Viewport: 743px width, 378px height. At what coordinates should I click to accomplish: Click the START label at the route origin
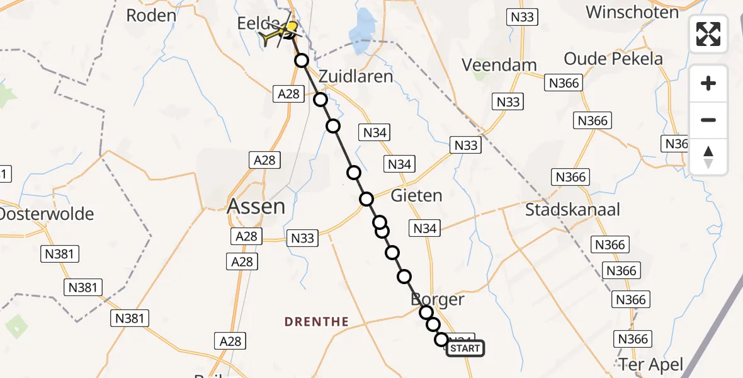coord(465,348)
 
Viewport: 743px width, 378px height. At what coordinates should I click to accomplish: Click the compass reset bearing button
coord(708,157)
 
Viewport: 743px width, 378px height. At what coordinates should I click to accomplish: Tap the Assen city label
coord(256,206)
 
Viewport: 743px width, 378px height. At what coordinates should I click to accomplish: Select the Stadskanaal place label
coord(573,209)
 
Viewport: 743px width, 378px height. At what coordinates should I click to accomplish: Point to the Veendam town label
coord(499,64)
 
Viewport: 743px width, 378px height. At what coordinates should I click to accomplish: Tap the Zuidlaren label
coord(356,77)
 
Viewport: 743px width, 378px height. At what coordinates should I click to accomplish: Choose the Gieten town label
coord(416,195)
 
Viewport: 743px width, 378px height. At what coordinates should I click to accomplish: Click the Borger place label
coord(438,299)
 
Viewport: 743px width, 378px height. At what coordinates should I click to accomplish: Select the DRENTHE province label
coord(316,322)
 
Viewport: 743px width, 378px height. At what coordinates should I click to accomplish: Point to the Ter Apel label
coord(650,364)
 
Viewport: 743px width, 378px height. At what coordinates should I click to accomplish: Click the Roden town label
coord(150,15)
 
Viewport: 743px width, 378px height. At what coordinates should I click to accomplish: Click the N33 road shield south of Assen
coord(303,238)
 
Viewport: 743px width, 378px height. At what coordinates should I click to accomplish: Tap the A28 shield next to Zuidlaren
coord(288,94)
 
